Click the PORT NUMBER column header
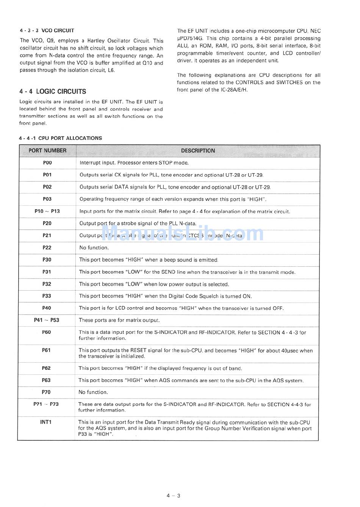(x=47, y=151)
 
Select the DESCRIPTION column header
(x=198, y=151)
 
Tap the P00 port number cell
(x=47, y=163)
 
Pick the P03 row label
(x=47, y=199)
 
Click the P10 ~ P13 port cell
(x=47, y=211)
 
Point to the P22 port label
(x=47, y=247)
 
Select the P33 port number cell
(x=47, y=296)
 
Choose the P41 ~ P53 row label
(x=47, y=320)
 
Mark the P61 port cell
(x=46, y=351)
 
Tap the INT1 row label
(x=46, y=422)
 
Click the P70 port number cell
(x=46, y=392)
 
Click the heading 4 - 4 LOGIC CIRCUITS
(x=53, y=91)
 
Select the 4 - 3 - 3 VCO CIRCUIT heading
(x=47, y=31)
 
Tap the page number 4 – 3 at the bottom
(x=173, y=496)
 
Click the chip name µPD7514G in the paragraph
(x=192, y=38)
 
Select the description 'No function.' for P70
(x=93, y=392)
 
